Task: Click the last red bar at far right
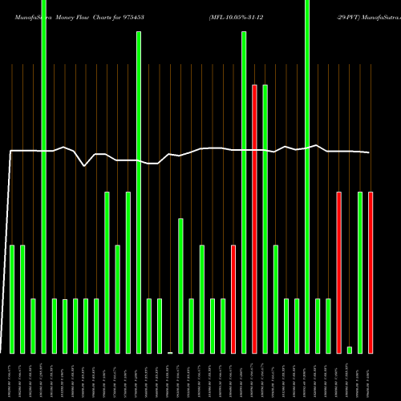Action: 371,273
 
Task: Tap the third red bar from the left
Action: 338,273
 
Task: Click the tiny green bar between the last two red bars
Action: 350,350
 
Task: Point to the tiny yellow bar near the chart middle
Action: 170,352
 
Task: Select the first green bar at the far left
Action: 12,299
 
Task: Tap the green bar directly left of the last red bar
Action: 360,273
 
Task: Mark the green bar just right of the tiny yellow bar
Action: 180,286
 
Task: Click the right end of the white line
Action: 370,152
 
